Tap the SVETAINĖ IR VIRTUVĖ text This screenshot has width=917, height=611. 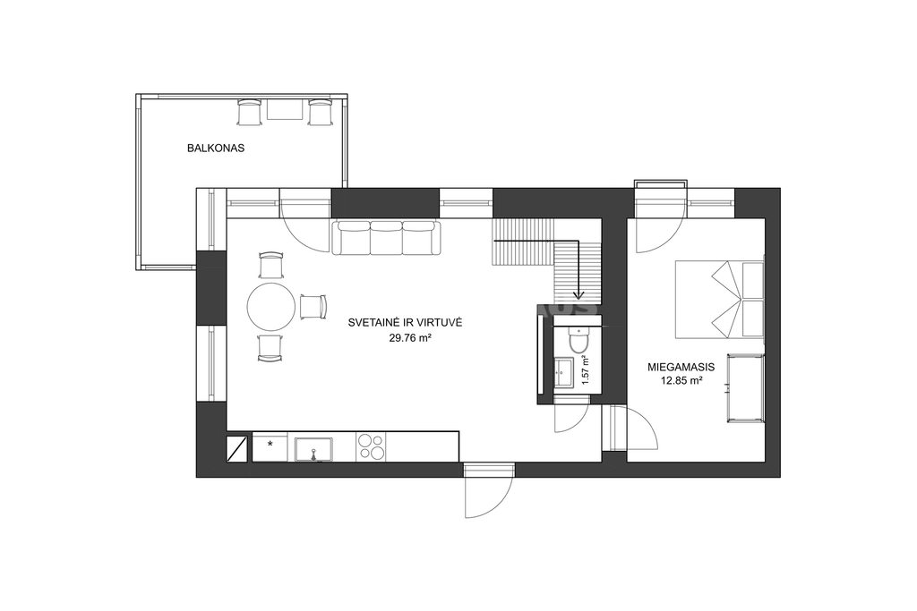[x=406, y=322]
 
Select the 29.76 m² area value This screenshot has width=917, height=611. [x=410, y=337]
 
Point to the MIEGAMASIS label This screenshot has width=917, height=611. [x=681, y=368]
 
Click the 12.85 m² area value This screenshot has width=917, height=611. [x=681, y=381]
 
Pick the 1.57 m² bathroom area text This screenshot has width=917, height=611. [x=586, y=369]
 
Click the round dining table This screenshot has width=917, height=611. [x=270, y=307]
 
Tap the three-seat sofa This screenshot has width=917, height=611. [x=387, y=238]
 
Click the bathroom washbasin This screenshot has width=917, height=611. [x=565, y=373]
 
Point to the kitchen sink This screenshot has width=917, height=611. [x=313, y=449]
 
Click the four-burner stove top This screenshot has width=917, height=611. [x=370, y=447]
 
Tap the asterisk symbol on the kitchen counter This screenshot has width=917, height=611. [x=270, y=445]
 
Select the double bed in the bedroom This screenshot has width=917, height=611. [x=720, y=299]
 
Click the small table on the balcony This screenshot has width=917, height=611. [x=285, y=109]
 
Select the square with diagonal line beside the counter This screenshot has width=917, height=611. [x=237, y=447]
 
